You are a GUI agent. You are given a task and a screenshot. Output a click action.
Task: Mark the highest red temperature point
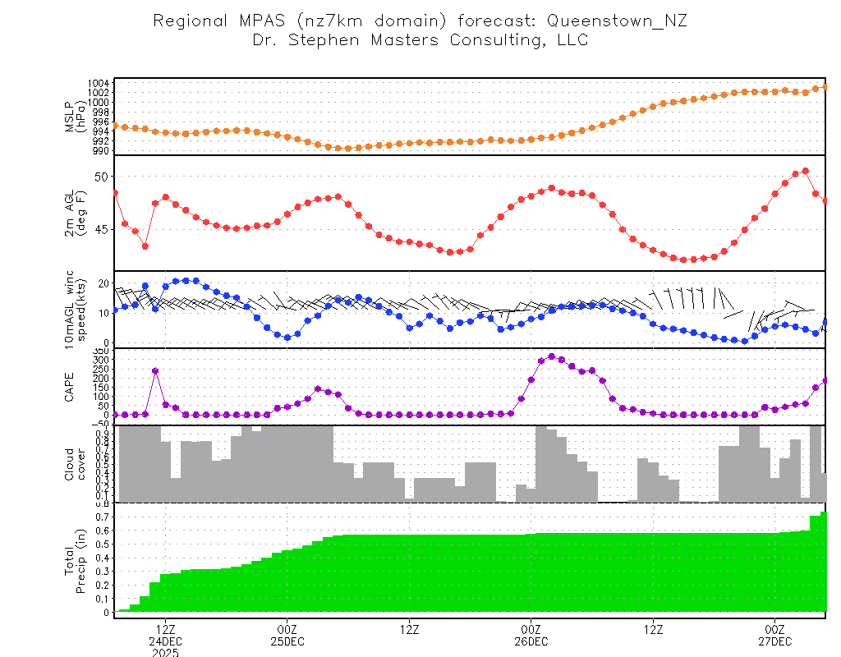click(806, 171)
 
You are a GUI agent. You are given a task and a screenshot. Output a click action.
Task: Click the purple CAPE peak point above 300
click(551, 356)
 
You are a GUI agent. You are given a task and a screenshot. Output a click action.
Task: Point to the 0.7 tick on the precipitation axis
click(102, 518)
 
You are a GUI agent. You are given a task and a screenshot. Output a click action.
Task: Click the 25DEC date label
click(287, 641)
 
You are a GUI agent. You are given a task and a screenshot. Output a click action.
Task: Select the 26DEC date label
click(531, 641)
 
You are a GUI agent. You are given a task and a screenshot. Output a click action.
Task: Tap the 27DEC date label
click(775, 641)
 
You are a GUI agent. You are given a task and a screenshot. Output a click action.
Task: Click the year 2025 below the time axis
click(166, 653)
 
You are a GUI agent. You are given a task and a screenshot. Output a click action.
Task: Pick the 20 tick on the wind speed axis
click(103, 283)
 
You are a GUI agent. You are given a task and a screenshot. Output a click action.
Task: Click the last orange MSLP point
click(825, 86)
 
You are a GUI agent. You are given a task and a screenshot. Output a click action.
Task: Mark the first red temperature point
click(115, 193)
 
